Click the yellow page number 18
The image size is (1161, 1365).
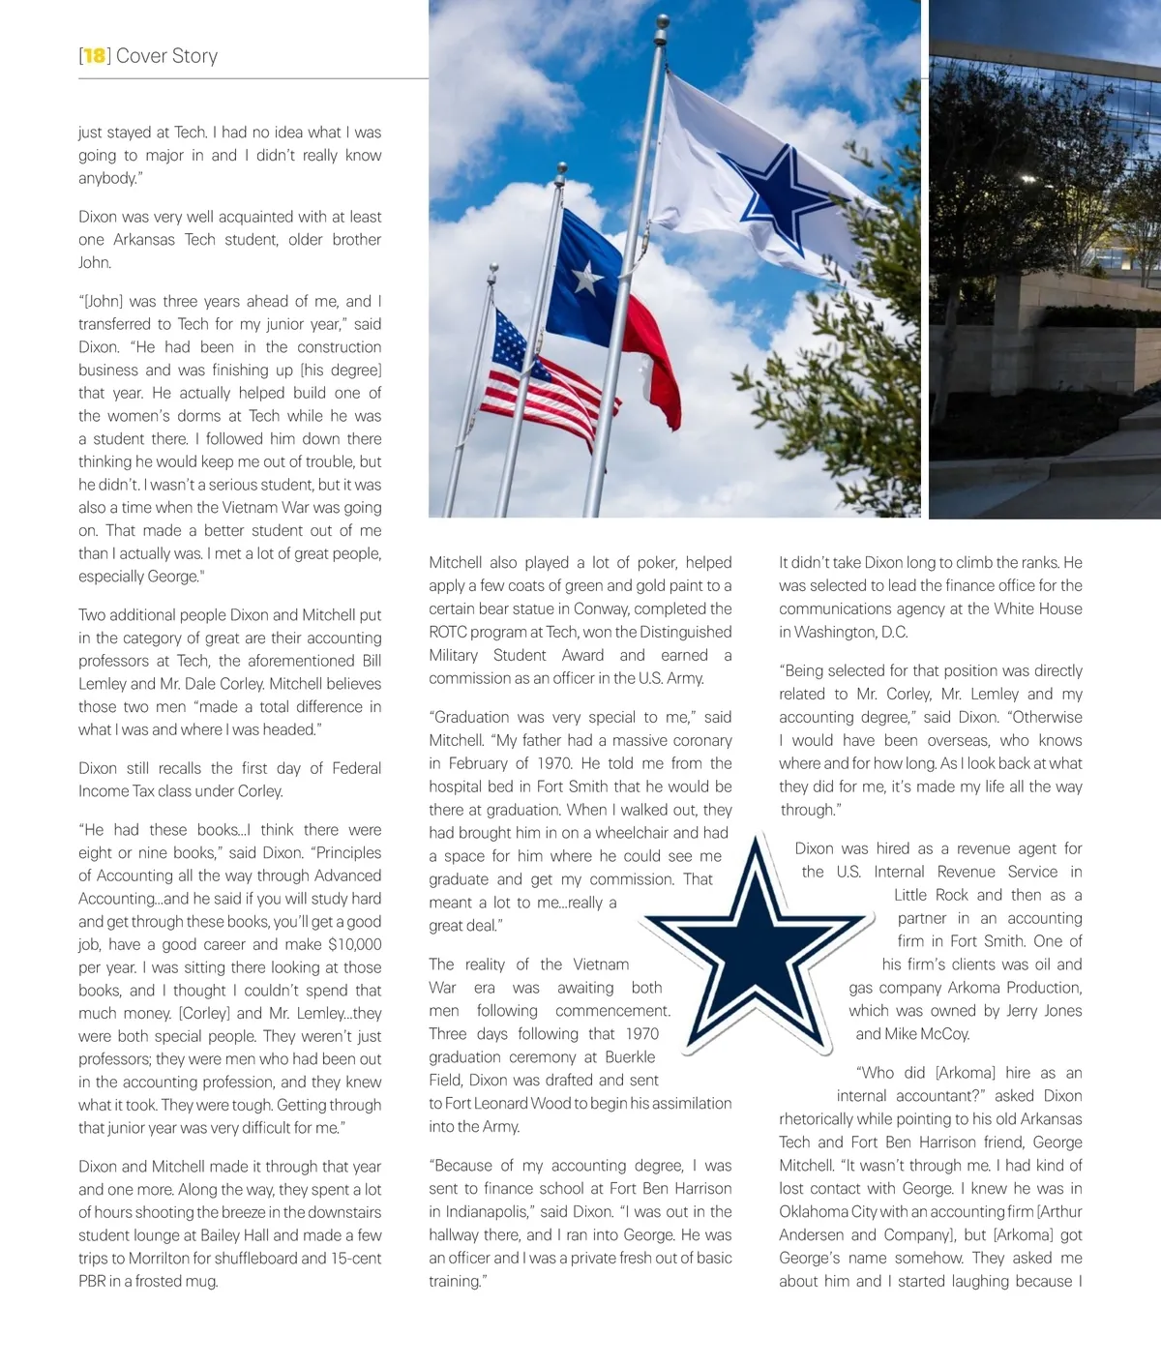point(94,56)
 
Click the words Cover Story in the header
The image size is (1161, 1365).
point(166,56)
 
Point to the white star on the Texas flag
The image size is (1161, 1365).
point(586,279)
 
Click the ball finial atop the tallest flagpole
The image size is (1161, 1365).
point(662,21)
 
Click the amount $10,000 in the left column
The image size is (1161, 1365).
point(355,945)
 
